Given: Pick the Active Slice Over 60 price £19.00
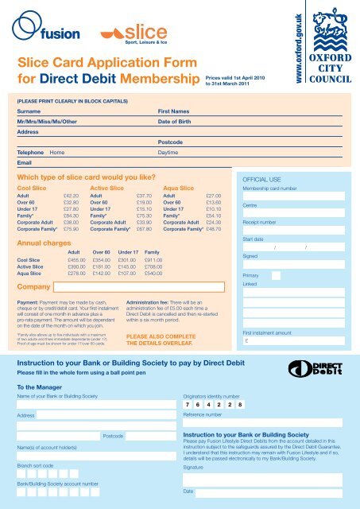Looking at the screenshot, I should (x=145, y=202).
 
